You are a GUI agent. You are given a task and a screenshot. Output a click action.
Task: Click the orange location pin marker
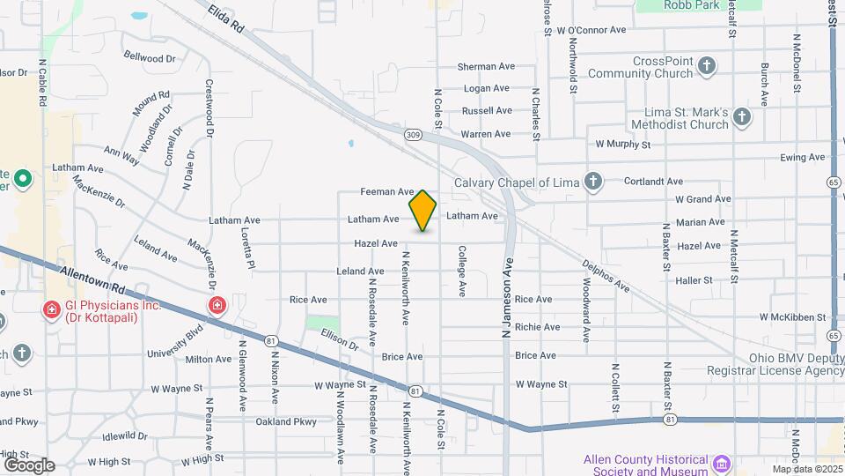(422, 211)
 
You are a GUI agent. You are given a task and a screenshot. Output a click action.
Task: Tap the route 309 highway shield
(413, 134)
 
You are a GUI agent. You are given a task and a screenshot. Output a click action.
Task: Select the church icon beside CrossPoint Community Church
(706, 66)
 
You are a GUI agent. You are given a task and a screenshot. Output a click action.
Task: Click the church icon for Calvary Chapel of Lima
(594, 182)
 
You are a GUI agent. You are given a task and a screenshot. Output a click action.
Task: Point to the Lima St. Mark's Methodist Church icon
(742, 117)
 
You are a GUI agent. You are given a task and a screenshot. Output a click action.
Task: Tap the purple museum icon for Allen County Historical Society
(723, 463)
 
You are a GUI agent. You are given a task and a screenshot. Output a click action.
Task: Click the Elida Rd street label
(227, 19)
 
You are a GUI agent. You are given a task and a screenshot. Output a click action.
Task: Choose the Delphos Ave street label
(608, 275)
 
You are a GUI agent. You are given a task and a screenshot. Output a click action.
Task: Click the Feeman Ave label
(387, 191)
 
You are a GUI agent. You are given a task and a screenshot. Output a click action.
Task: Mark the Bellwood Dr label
(150, 57)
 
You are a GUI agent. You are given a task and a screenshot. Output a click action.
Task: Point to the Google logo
(30, 465)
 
